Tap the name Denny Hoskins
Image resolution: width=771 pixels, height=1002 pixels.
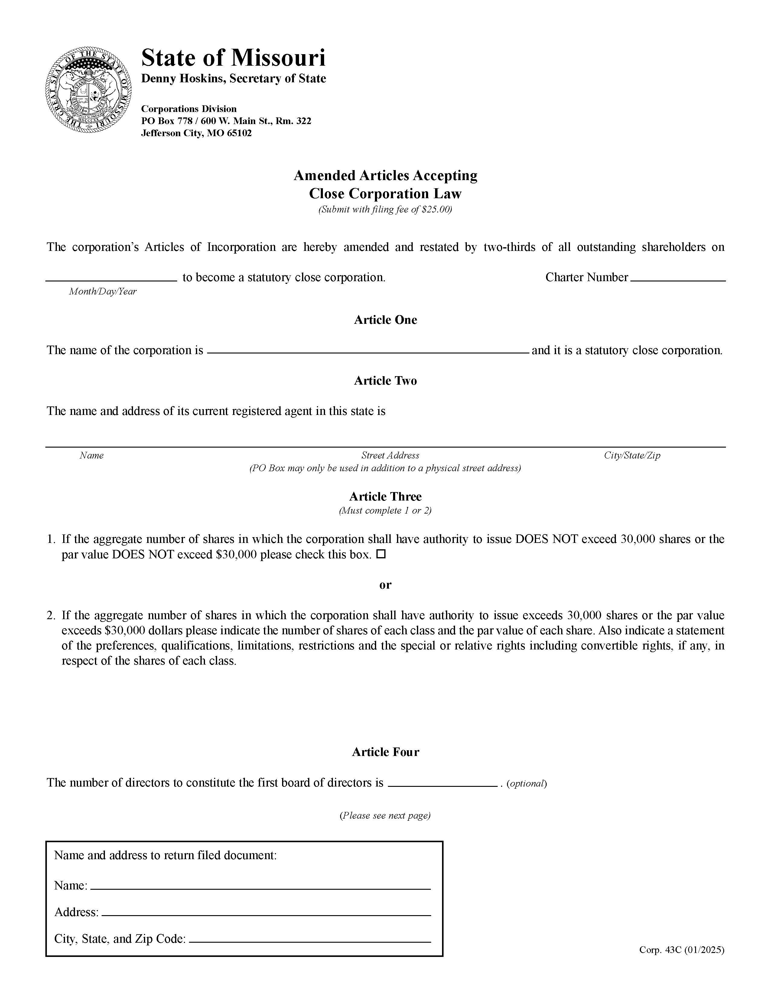point(183,78)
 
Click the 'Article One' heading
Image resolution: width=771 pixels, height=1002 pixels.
point(385,320)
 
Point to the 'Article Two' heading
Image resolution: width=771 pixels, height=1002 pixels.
point(385,381)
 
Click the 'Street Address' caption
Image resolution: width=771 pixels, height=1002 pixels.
point(390,455)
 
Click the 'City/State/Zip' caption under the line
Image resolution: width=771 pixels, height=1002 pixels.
point(632,455)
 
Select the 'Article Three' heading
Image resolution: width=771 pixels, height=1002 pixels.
point(385,496)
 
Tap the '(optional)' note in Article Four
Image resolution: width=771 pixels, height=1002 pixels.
point(527,783)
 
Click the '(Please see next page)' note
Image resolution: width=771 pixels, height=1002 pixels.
point(385,815)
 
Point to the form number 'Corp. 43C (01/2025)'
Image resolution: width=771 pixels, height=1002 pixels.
point(681,950)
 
